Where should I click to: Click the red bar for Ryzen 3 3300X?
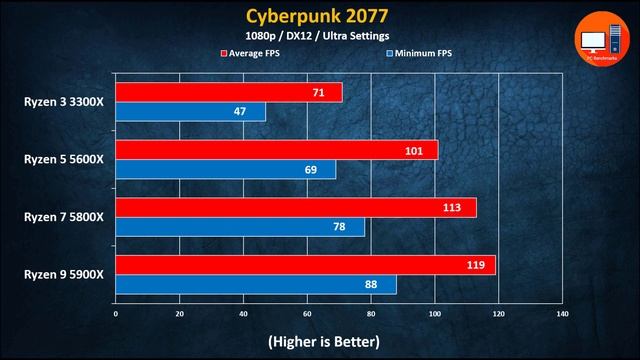click(x=229, y=92)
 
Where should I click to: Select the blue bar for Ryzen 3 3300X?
click(x=191, y=112)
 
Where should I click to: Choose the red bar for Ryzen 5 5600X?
click(x=277, y=150)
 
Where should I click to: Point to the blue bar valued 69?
click(x=226, y=170)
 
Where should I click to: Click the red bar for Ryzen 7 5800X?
click(x=296, y=208)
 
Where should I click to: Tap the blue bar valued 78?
click(x=240, y=228)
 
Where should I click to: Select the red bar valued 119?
click(x=306, y=266)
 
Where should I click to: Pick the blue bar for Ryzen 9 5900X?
click(x=256, y=286)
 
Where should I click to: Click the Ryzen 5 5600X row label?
click(x=64, y=159)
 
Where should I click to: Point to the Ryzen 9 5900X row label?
click(x=64, y=275)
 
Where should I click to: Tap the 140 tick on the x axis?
click(x=562, y=314)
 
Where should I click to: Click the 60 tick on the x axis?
click(x=307, y=314)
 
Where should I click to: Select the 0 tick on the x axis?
click(x=116, y=314)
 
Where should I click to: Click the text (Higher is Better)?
click(x=323, y=341)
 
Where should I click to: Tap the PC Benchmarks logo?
click(x=601, y=41)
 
